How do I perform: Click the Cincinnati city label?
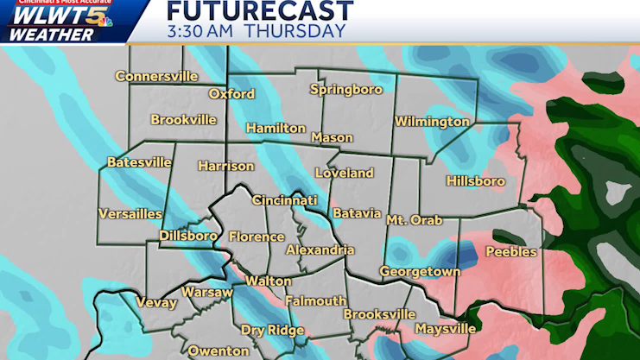coord(284,200)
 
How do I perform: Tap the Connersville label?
coord(156,76)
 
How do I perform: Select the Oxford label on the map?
coord(231,94)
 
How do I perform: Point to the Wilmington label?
coord(432,122)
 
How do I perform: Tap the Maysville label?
coord(445,329)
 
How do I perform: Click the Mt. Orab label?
coord(414,220)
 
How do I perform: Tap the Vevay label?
coord(156,303)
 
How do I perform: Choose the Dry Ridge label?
coord(272,331)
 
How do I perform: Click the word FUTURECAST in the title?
coord(259,11)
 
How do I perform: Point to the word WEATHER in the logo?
coord(54,35)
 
